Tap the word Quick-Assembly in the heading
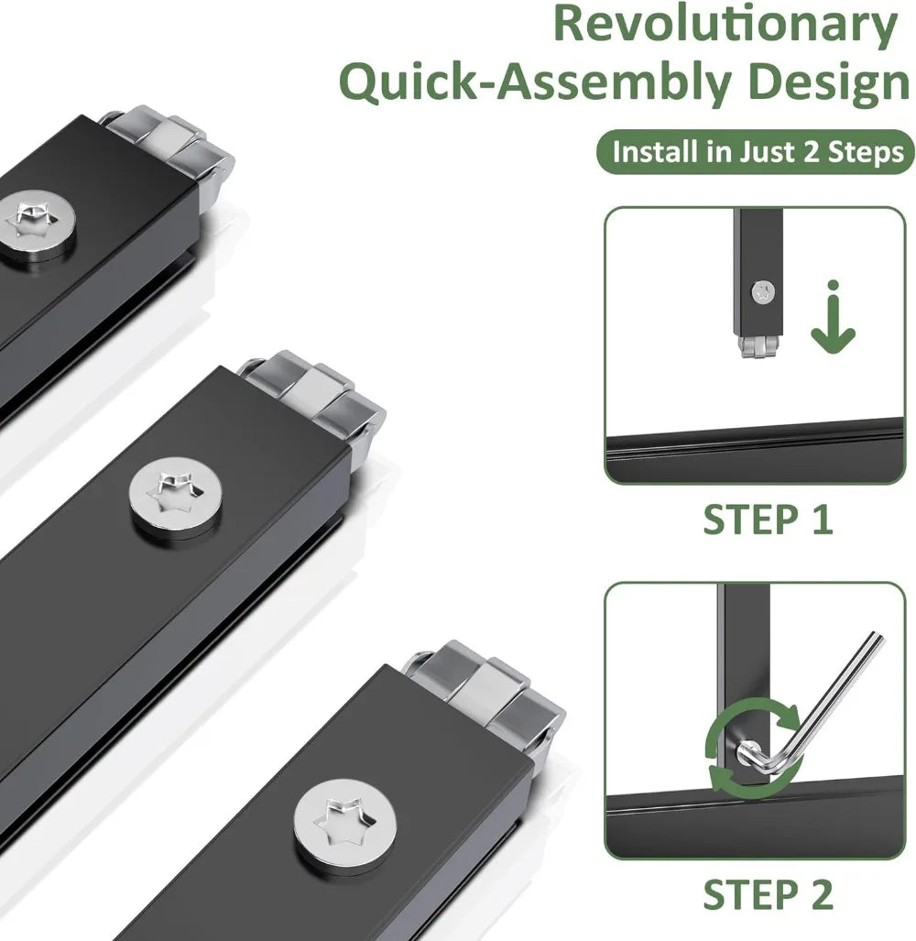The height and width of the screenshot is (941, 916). [535, 82]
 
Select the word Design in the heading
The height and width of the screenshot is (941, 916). [829, 82]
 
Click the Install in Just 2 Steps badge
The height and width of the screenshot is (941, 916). [755, 152]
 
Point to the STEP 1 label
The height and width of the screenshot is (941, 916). [768, 520]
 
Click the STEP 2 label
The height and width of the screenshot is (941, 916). [768, 895]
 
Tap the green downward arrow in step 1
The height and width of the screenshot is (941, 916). [833, 317]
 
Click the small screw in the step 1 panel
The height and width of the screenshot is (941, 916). [763, 292]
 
